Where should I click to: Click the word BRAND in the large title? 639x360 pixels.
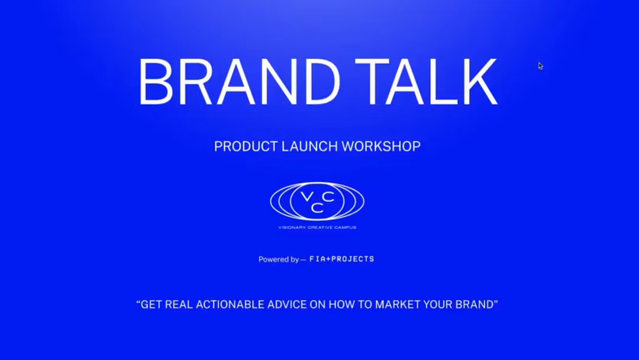(x=239, y=82)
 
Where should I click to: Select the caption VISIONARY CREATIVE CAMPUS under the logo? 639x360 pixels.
(x=317, y=227)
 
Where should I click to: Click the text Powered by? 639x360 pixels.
(x=278, y=259)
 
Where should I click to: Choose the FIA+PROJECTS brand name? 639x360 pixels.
(x=342, y=259)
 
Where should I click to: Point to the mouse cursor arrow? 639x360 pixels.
(x=540, y=66)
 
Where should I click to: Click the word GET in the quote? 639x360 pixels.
(x=151, y=305)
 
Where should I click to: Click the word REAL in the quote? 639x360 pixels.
(x=179, y=305)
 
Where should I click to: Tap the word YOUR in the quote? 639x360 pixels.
(x=438, y=305)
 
